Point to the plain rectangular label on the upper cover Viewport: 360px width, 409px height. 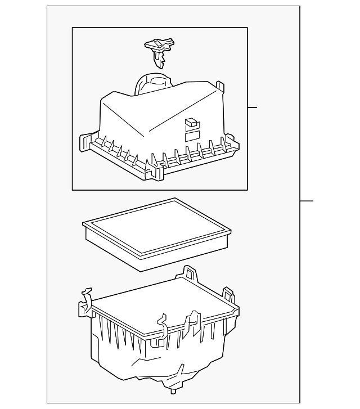(x=192, y=136)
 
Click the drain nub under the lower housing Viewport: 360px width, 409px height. (x=172, y=390)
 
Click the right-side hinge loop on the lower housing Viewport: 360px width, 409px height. (x=228, y=295)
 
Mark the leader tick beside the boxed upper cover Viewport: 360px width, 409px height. (x=252, y=107)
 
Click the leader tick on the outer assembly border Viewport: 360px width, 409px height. (x=307, y=201)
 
